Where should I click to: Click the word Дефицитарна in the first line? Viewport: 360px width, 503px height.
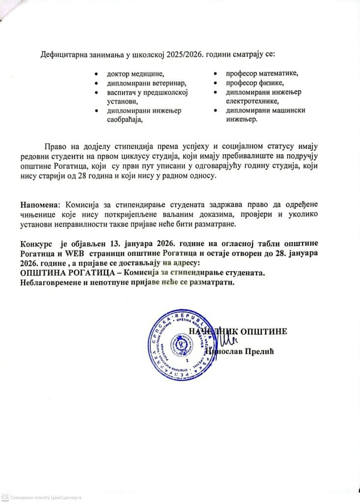point(62,54)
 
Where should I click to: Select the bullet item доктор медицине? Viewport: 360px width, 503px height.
point(135,75)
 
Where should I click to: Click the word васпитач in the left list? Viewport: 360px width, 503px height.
point(122,92)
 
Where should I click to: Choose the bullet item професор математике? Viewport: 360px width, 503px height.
point(262,74)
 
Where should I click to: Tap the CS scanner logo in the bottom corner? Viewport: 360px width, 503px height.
point(4,497)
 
